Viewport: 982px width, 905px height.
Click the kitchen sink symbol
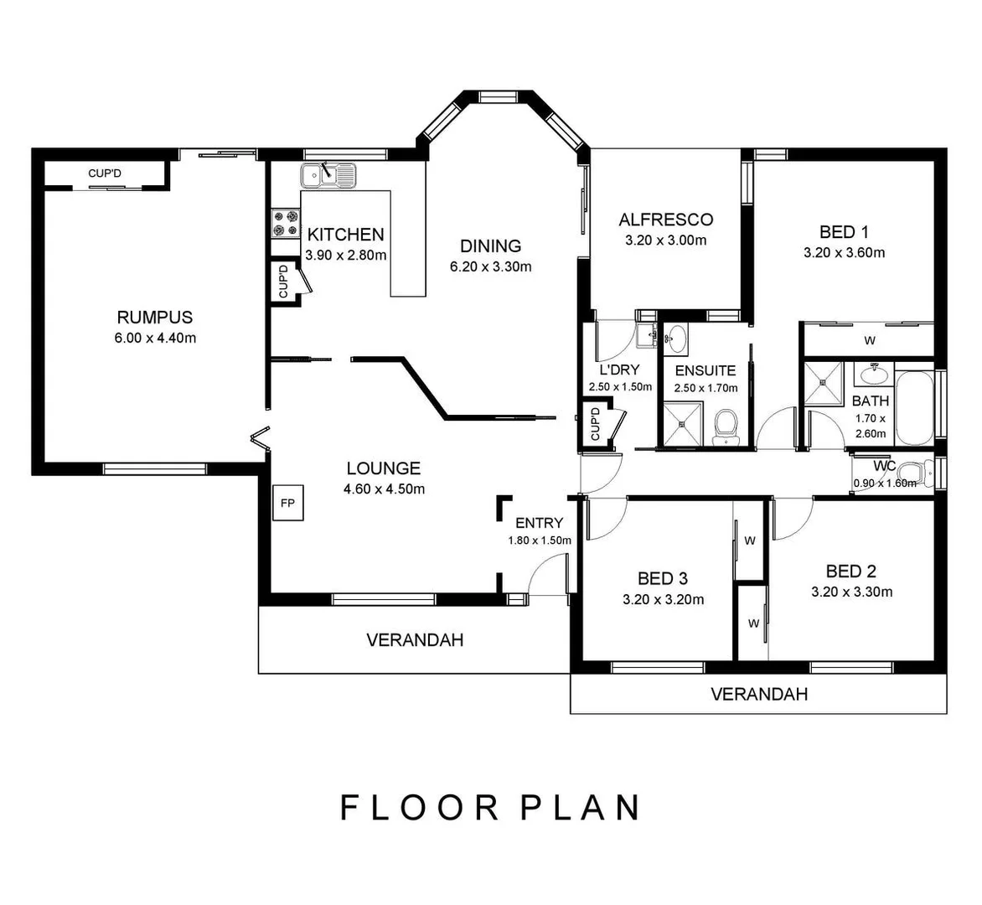[x=328, y=175]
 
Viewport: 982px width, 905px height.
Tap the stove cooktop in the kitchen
[x=284, y=223]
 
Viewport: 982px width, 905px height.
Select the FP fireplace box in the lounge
[x=287, y=504]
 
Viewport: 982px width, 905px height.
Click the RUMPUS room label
[x=154, y=317]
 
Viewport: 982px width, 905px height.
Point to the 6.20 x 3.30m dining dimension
[x=491, y=267]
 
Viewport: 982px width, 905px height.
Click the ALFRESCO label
[x=665, y=220]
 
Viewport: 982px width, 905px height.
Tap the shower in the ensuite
[x=682, y=423]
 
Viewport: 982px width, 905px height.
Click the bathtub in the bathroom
[x=914, y=410]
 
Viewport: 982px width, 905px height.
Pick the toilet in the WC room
[x=920, y=473]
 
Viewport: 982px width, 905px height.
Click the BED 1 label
[x=844, y=232]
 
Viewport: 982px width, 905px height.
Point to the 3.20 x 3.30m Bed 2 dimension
[x=851, y=592]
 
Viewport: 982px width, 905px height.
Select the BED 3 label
[x=663, y=578]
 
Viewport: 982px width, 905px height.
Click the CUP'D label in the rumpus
[x=105, y=173]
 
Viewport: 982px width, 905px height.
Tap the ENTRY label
[x=539, y=523]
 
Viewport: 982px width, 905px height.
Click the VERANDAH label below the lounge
[x=415, y=640]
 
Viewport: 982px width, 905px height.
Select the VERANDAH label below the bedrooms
[x=759, y=694]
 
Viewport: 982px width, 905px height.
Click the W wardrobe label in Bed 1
[x=870, y=341]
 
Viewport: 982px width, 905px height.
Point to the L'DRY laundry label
[x=619, y=370]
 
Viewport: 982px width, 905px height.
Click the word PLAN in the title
[x=581, y=807]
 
